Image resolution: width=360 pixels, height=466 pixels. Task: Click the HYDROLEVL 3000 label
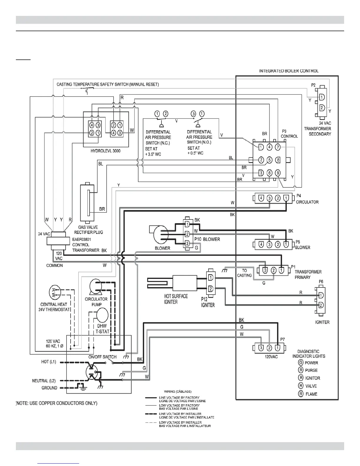pos(106,151)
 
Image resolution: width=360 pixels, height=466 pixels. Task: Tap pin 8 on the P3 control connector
pos(278,160)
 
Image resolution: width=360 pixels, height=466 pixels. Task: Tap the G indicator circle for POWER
pos(301,362)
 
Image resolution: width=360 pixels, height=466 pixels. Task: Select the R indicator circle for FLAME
pos(301,394)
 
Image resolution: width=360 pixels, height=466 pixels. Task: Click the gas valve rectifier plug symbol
pos(88,203)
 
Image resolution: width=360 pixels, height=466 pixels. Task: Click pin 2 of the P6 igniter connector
pos(321,304)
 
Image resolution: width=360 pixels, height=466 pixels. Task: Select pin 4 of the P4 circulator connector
pos(261,198)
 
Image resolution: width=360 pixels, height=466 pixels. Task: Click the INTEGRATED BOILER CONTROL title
pos(289,71)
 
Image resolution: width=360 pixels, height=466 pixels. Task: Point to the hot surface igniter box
pos(185,283)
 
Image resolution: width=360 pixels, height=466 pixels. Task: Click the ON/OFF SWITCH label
pos(102,357)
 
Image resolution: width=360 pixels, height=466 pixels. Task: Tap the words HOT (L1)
pos(49,362)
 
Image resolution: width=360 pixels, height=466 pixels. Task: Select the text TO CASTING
pos(245,273)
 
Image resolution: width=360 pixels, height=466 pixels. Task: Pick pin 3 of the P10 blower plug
pos(187,243)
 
